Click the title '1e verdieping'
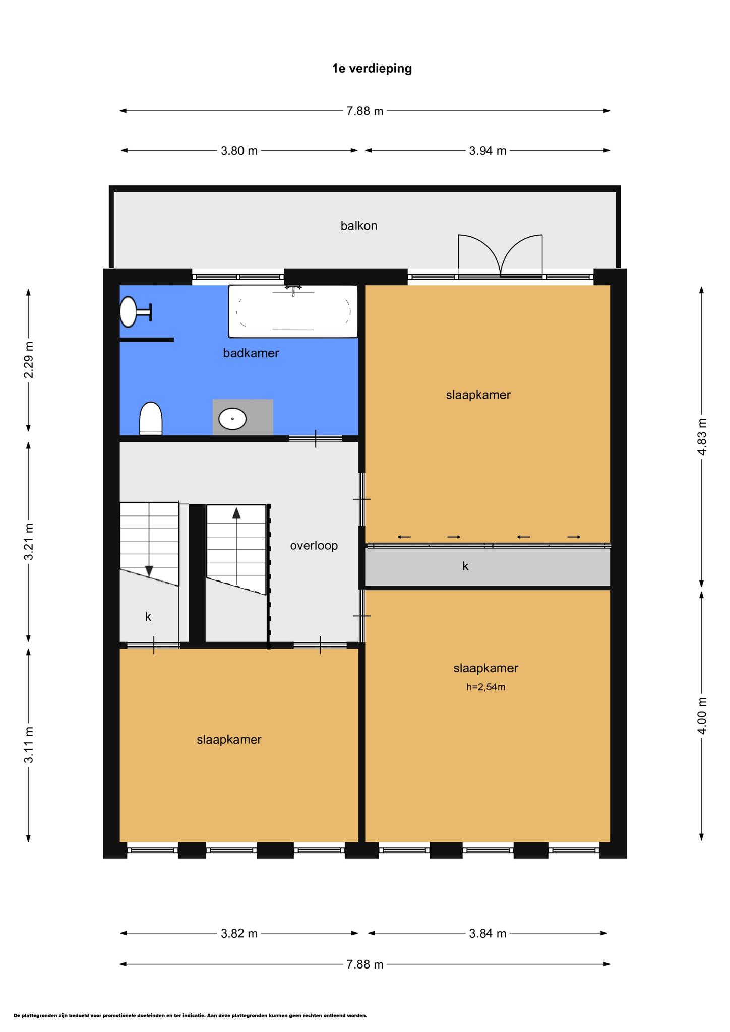click(x=372, y=68)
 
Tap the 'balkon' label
click(x=359, y=225)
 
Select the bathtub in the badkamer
click(x=293, y=311)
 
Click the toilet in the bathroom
click(x=151, y=418)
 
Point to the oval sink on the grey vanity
click(x=232, y=419)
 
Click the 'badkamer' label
click(x=251, y=353)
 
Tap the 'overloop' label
click(x=314, y=545)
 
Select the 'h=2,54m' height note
click(x=485, y=686)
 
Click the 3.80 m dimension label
click(x=239, y=150)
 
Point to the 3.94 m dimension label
click(x=488, y=150)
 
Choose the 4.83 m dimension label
click(x=702, y=436)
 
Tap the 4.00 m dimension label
click(x=702, y=716)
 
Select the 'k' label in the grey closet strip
click(x=465, y=566)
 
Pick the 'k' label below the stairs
click(x=148, y=616)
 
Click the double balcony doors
click(x=500, y=256)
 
